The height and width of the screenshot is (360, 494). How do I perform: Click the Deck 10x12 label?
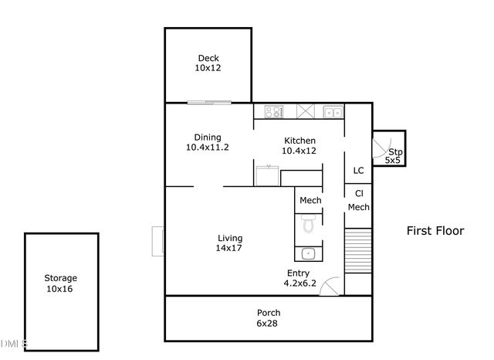click(208, 63)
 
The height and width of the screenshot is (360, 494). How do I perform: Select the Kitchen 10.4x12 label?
click(299, 145)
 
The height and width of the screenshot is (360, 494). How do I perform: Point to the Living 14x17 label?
click(230, 243)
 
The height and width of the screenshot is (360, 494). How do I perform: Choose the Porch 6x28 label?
click(268, 318)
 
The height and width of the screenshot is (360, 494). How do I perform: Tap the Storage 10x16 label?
click(60, 283)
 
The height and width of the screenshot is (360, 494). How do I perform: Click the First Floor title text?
click(435, 230)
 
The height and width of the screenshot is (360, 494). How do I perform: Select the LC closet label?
click(358, 171)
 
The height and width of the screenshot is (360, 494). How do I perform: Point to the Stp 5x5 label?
click(394, 156)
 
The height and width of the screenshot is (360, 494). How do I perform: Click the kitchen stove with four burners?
click(273, 111)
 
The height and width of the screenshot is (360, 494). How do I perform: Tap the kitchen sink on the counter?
click(333, 112)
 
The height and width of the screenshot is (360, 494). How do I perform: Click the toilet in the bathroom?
click(309, 224)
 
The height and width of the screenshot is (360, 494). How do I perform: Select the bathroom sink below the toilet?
click(308, 253)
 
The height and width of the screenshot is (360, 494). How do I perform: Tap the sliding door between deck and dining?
click(208, 103)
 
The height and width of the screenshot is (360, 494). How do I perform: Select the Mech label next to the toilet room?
click(310, 201)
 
